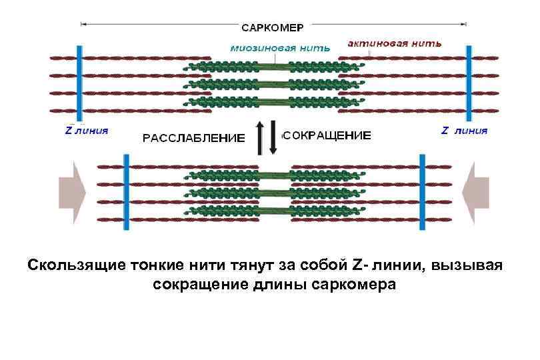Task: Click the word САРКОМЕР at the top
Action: [x=272, y=27]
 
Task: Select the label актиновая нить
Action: [x=394, y=43]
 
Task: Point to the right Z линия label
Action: [x=465, y=131]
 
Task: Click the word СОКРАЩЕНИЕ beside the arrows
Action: [x=327, y=135]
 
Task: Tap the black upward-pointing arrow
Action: [x=259, y=138]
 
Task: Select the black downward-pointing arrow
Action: [x=273, y=138]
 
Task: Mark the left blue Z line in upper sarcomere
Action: [x=79, y=83]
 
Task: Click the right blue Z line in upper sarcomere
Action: [x=469, y=83]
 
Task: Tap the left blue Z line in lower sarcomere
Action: [x=125, y=191]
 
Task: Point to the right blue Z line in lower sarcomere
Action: [x=422, y=191]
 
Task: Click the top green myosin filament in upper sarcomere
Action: [x=275, y=67]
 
